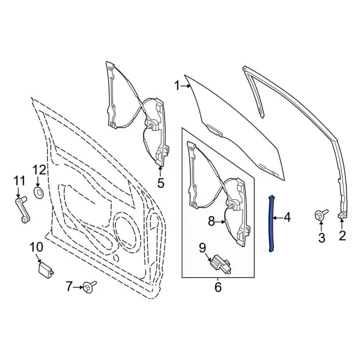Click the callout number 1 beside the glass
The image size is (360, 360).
point(177,86)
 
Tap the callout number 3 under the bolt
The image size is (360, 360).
point(322,238)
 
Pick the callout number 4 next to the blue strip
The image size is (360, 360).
point(287,217)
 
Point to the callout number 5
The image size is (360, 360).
point(160,183)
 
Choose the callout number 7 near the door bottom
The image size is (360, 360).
point(70,287)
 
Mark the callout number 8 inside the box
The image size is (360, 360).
point(211,222)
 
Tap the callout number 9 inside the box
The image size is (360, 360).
point(202,247)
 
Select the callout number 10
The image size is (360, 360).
point(36,247)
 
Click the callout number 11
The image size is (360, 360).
point(20,181)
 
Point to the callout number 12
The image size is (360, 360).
point(39,169)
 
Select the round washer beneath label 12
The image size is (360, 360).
point(40,193)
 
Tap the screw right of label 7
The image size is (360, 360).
point(89,287)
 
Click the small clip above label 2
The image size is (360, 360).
point(343,216)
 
